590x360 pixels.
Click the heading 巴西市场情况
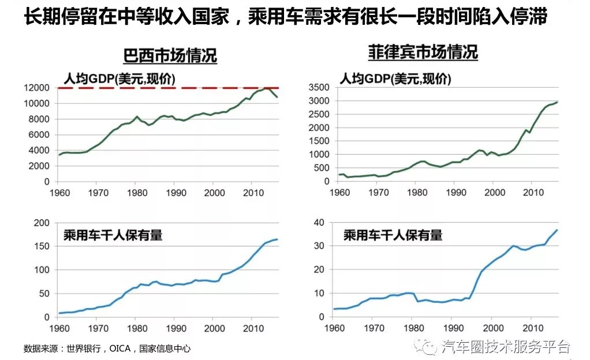(170, 56)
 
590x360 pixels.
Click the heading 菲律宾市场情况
(423, 52)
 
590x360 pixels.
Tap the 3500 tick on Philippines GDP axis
(319, 88)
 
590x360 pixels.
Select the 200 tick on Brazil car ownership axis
(42, 223)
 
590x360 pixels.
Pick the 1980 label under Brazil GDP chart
(136, 192)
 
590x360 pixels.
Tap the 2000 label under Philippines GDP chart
(492, 192)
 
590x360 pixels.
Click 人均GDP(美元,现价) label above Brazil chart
(118, 79)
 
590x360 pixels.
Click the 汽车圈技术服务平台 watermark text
(505, 347)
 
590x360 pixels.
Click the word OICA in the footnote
(118, 348)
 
